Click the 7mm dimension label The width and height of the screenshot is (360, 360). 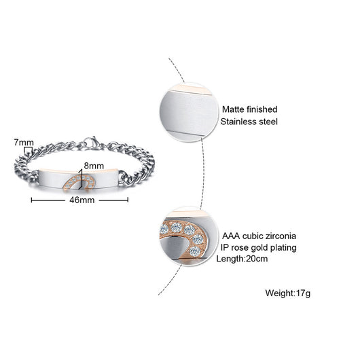[x=24, y=143]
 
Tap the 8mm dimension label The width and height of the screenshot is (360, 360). [x=94, y=166]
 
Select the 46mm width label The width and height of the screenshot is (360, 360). [x=82, y=200]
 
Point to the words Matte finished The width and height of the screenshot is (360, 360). [x=249, y=109]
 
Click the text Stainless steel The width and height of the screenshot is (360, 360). [x=249, y=122]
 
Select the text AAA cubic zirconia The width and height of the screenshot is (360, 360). [x=259, y=236]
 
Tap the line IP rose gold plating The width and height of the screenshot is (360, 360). [x=259, y=248]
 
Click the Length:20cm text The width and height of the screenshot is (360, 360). [x=242, y=259]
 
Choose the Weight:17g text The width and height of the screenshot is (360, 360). [x=288, y=293]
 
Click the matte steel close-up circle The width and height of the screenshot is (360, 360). [x=189, y=112]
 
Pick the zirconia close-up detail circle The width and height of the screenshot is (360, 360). [x=188, y=236]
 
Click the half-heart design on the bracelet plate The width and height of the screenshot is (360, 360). [x=79, y=182]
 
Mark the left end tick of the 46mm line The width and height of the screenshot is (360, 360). [x=31, y=200]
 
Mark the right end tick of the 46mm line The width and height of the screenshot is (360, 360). [x=128, y=200]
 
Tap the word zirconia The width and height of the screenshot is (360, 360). [x=281, y=236]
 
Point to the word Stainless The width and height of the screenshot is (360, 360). [x=238, y=122]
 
